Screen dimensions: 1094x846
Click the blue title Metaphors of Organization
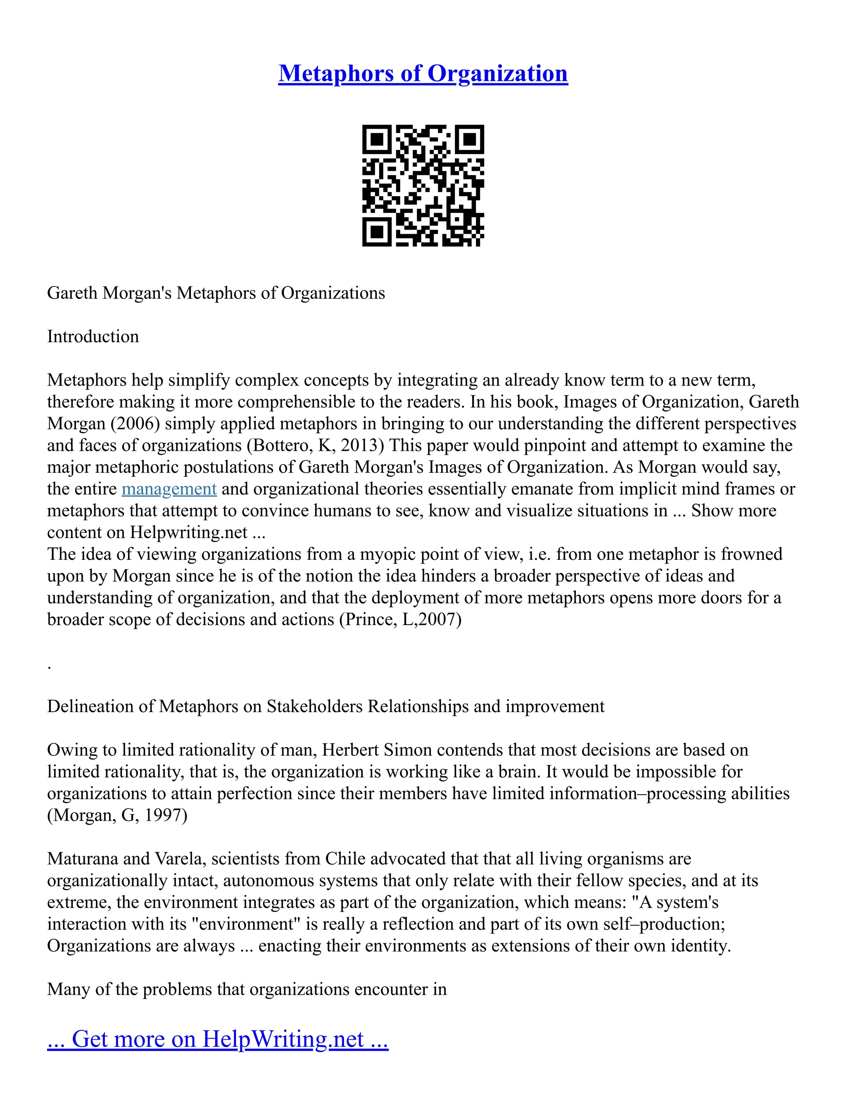(x=423, y=73)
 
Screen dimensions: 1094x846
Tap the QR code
(x=423, y=185)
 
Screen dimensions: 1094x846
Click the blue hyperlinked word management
(x=169, y=488)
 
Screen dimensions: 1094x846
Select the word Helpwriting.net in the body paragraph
(x=188, y=532)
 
